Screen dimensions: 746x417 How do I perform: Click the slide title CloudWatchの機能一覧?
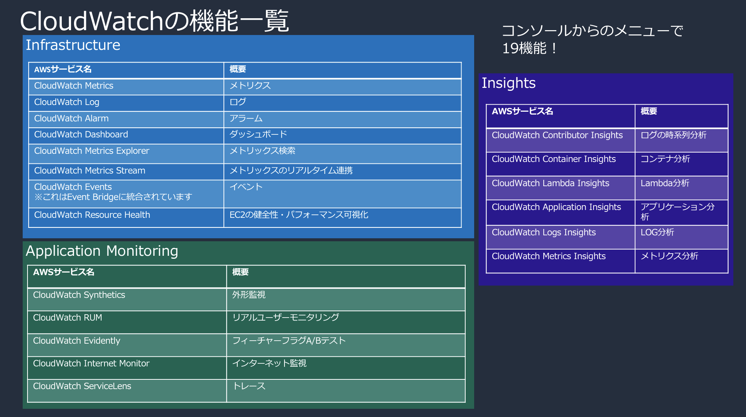(154, 21)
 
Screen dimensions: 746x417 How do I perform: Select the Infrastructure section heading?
(73, 45)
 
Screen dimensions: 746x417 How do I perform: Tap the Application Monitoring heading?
(102, 251)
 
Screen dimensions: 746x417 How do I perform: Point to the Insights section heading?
(508, 83)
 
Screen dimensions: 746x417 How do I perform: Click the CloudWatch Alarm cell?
(71, 118)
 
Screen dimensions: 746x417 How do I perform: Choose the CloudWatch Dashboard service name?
(81, 134)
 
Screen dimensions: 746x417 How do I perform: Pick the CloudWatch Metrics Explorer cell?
(91, 151)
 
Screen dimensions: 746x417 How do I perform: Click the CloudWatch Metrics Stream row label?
(90, 171)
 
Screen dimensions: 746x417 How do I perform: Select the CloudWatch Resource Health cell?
(92, 215)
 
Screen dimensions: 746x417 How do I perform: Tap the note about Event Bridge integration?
(113, 197)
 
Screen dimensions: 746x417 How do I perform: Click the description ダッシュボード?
(258, 134)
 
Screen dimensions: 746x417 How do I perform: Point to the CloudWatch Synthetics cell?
(79, 295)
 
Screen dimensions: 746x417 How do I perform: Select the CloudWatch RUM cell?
(68, 318)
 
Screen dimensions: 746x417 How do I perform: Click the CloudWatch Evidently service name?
(77, 341)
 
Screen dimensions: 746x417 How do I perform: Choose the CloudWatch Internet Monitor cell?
(91, 363)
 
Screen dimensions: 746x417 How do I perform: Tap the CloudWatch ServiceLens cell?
(82, 386)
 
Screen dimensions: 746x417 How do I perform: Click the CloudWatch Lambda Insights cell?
(550, 183)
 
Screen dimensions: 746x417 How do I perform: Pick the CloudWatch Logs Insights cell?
(544, 232)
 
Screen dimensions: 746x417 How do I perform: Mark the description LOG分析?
(657, 232)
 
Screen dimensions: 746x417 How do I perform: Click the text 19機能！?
(530, 48)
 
